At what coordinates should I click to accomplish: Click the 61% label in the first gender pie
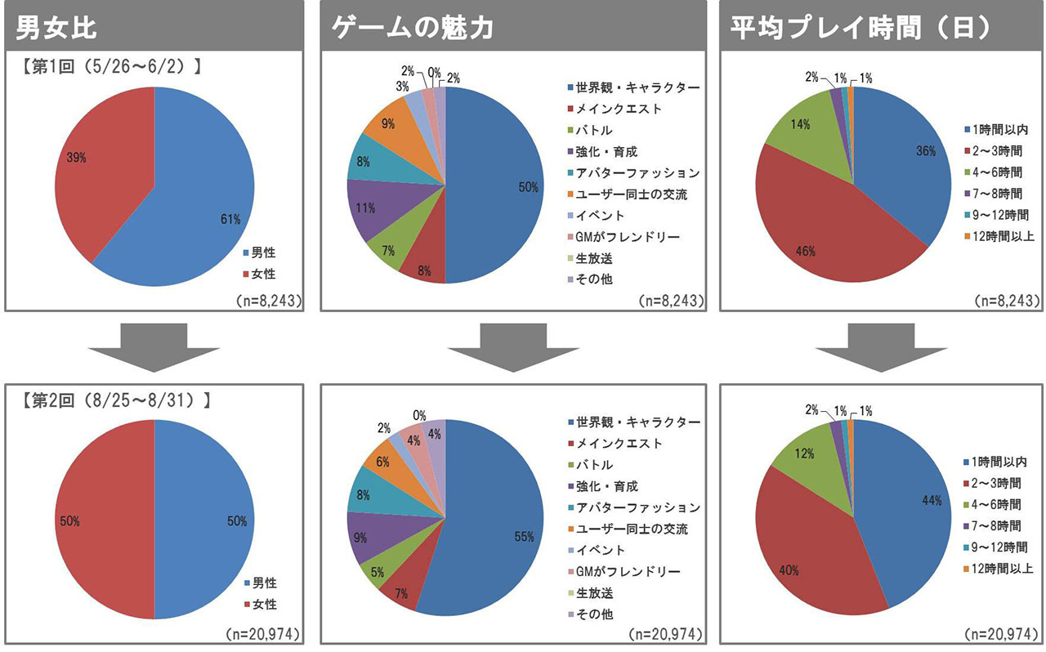pyautogui.click(x=230, y=219)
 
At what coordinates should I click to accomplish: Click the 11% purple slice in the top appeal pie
pyautogui.click(x=365, y=208)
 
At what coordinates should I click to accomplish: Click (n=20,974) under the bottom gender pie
pyautogui.click(x=264, y=634)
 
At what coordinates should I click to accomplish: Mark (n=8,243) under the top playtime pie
pyautogui.click(x=1008, y=301)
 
